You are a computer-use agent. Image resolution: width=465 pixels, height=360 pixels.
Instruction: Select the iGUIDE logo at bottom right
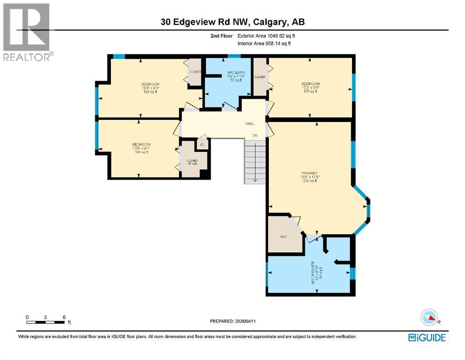[x=427, y=337]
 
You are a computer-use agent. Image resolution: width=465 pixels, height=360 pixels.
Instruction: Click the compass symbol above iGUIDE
[x=429, y=317]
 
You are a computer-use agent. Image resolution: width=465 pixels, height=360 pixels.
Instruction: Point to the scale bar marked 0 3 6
[x=45, y=319]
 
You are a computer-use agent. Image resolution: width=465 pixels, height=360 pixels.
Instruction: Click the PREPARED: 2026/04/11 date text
[x=232, y=321]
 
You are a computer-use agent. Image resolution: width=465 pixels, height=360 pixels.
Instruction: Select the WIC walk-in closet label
[x=283, y=237]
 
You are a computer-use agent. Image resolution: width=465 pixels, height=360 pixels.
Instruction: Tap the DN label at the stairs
[x=255, y=136]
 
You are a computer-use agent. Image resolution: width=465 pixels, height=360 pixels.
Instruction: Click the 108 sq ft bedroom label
[x=141, y=148]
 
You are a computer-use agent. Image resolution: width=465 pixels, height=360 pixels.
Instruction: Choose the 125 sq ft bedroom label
[x=310, y=88]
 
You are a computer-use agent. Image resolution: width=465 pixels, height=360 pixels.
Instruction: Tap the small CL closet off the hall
[x=202, y=145]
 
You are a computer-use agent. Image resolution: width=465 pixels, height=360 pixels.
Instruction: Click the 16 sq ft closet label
[x=192, y=162]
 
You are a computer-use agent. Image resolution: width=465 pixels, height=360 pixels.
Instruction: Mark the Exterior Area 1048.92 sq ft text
[x=266, y=36]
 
